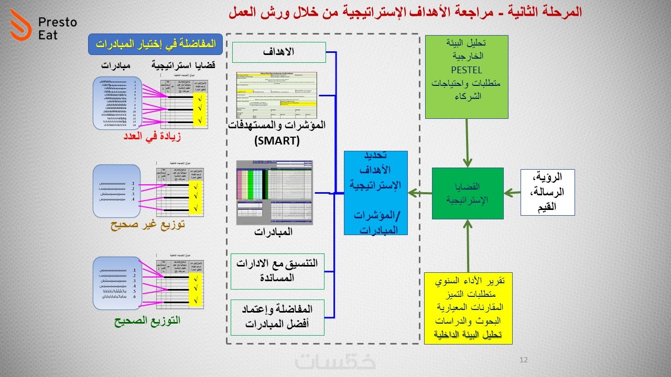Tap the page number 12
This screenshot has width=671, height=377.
(x=523, y=360)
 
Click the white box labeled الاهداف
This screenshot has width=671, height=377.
(x=279, y=52)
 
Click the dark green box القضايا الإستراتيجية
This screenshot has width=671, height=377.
(x=468, y=193)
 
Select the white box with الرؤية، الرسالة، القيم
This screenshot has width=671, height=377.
(x=547, y=192)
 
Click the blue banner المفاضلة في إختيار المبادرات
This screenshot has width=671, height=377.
(x=156, y=45)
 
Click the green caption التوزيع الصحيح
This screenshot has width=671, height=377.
(x=147, y=320)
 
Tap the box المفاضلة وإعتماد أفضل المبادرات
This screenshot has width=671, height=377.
(x=278, y=317)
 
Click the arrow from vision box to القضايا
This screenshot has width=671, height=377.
(x=512, y=193)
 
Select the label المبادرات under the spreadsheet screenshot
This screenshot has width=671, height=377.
(x=274, y=232)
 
